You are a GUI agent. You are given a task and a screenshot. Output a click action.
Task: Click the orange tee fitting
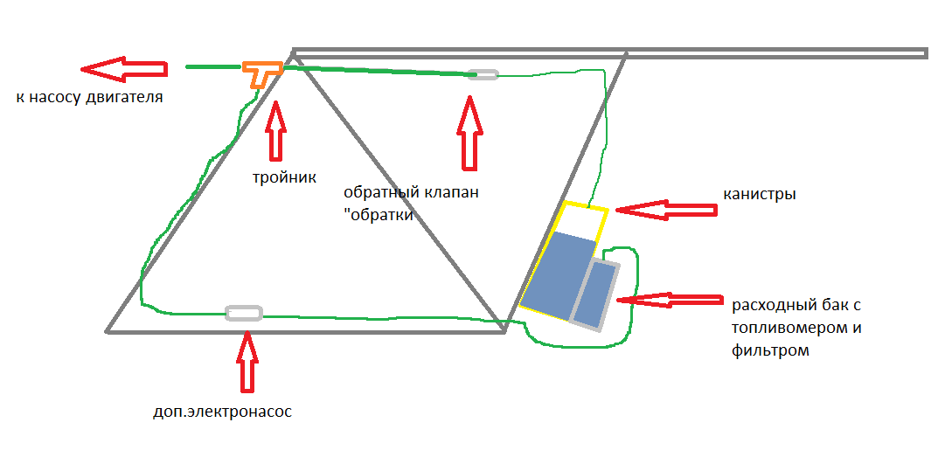pyautogui.click(x=260, y=70)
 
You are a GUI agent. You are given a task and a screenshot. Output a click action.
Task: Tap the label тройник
pyautogui.click(x=279, y=177)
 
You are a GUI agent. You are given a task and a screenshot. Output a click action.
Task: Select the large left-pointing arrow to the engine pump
pyautogui.click(x=122, y=67)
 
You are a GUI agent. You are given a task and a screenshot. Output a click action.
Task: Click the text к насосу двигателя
pyautogui.click(x=88, y=97)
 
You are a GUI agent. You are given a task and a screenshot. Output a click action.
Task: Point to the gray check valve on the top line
pyautogui.click(x=483, y=74)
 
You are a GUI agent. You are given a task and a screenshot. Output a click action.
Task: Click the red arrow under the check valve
pyautogui.click(x=470, y=133)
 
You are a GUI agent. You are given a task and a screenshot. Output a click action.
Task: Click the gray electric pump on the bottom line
pyautogui.click(x=243, y=312)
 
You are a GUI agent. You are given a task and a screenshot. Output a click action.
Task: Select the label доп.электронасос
pyautogui.click(x=221, y=411)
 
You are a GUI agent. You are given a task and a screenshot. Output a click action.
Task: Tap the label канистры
pyautogui.click(x=760, y=194)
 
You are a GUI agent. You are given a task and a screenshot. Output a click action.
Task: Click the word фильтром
pyautogui.click(x=771, y=350)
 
